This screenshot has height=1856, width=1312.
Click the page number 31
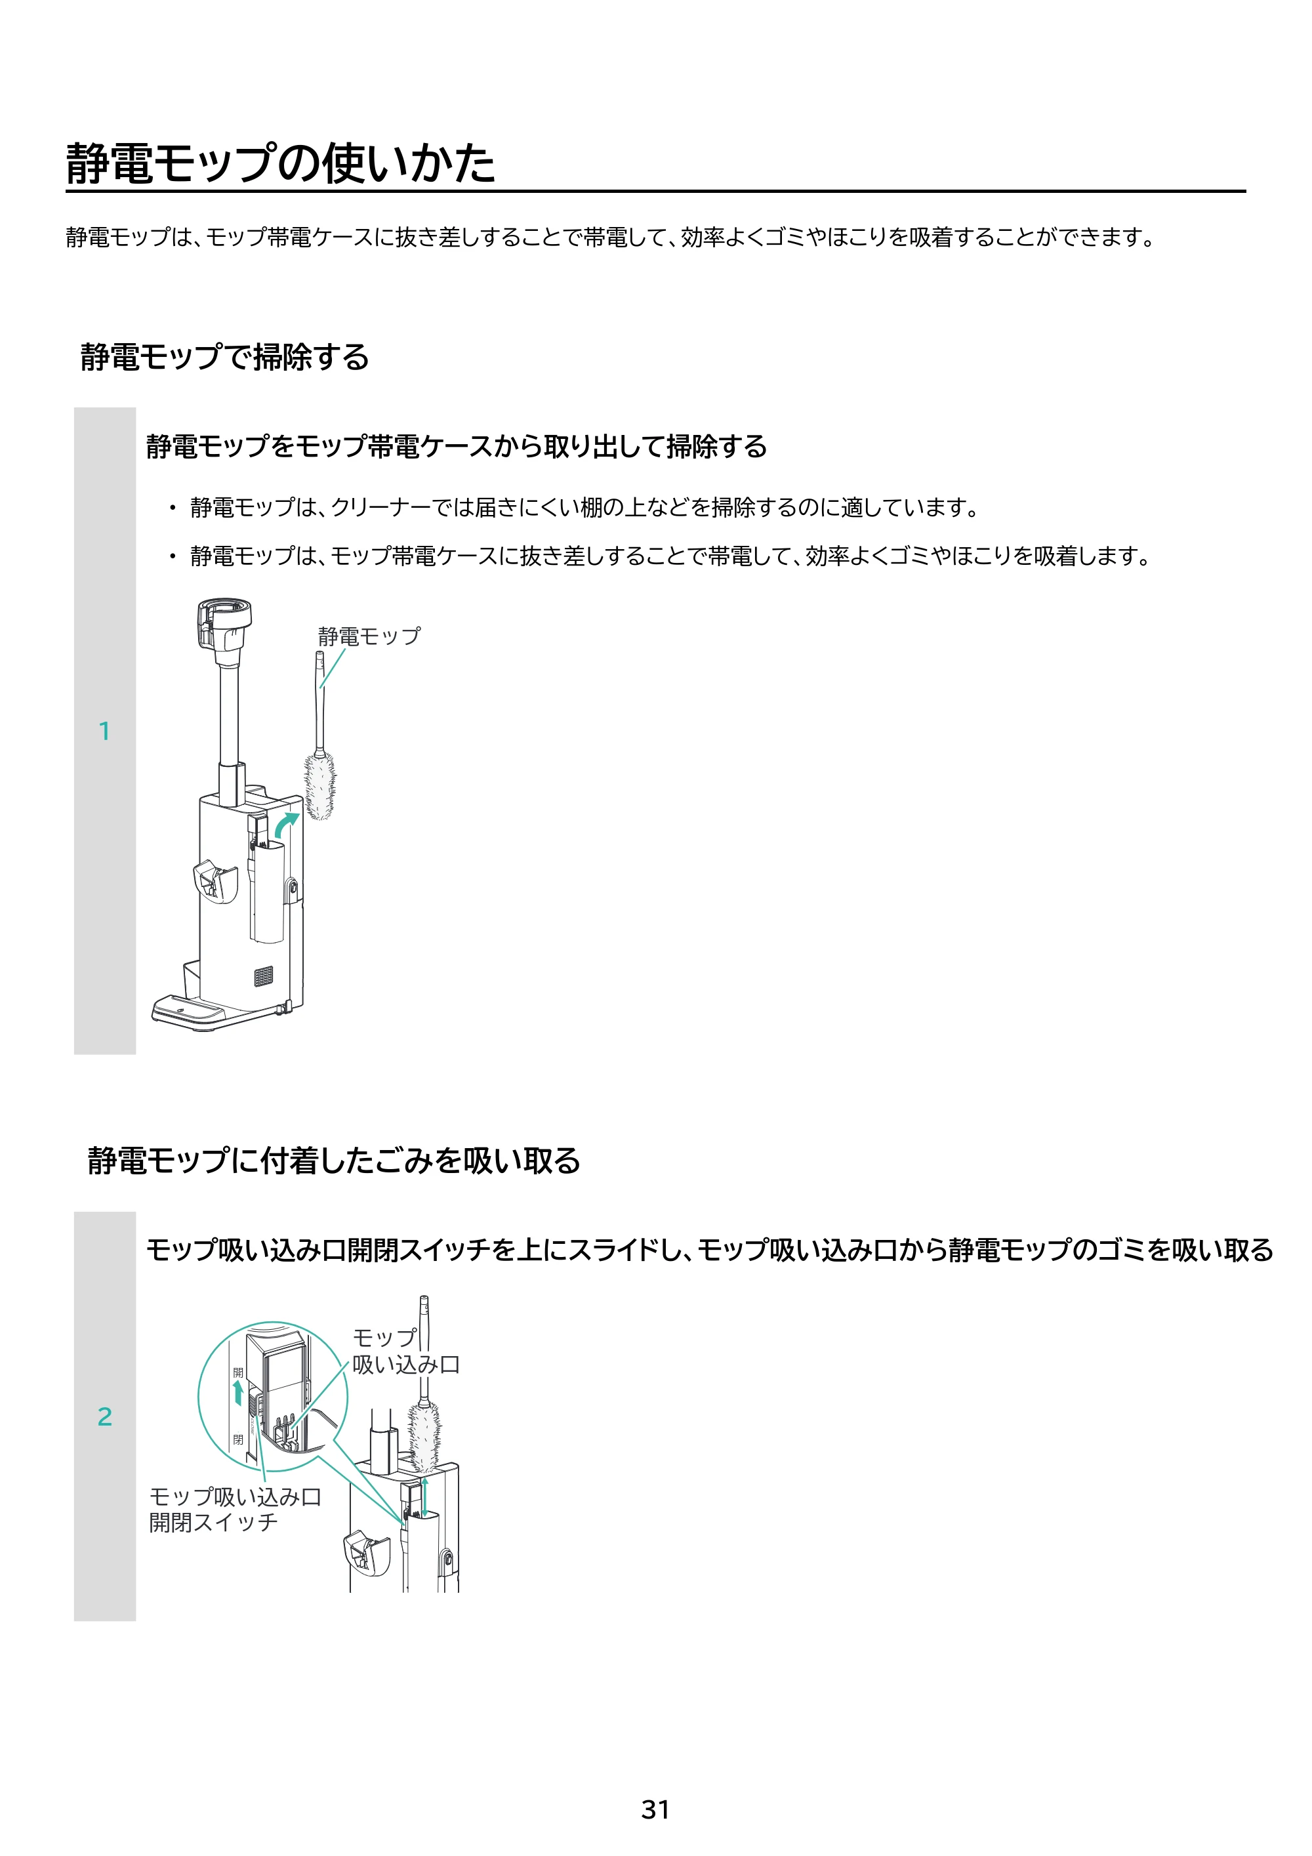tap(655, 1809)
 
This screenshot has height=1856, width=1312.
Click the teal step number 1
tap(104, 731)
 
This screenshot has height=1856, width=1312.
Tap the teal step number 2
tap(104, 1416)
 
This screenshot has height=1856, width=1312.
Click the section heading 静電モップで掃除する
tap(225, 356)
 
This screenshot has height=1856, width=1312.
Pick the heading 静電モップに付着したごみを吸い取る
tap(334, 1160)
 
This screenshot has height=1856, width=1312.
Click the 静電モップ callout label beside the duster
tap(369, 636)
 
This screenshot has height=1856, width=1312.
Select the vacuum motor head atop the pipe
tap(224, 623)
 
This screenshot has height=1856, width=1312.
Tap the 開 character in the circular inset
tap(237, 1372)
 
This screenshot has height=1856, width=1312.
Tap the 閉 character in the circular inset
tap(237, 1439)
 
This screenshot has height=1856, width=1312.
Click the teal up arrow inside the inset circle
tap(237, 1393)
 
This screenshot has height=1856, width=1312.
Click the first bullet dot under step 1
tap(171, 508)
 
